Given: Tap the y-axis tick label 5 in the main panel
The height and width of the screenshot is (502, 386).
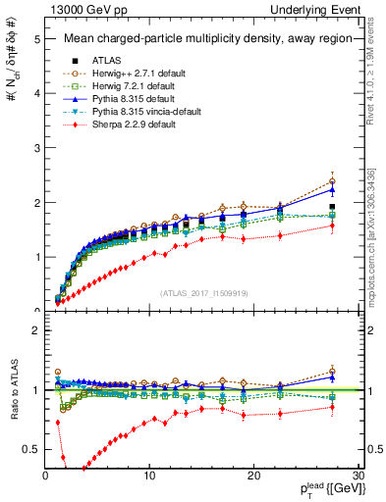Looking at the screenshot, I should pyautogui.click(x=36, y=39).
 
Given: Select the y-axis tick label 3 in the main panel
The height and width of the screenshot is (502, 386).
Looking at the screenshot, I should pyautogui.click(x=36, y=148).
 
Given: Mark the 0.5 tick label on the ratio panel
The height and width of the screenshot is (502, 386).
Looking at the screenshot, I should pyautogui.click(x=31, y=449).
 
